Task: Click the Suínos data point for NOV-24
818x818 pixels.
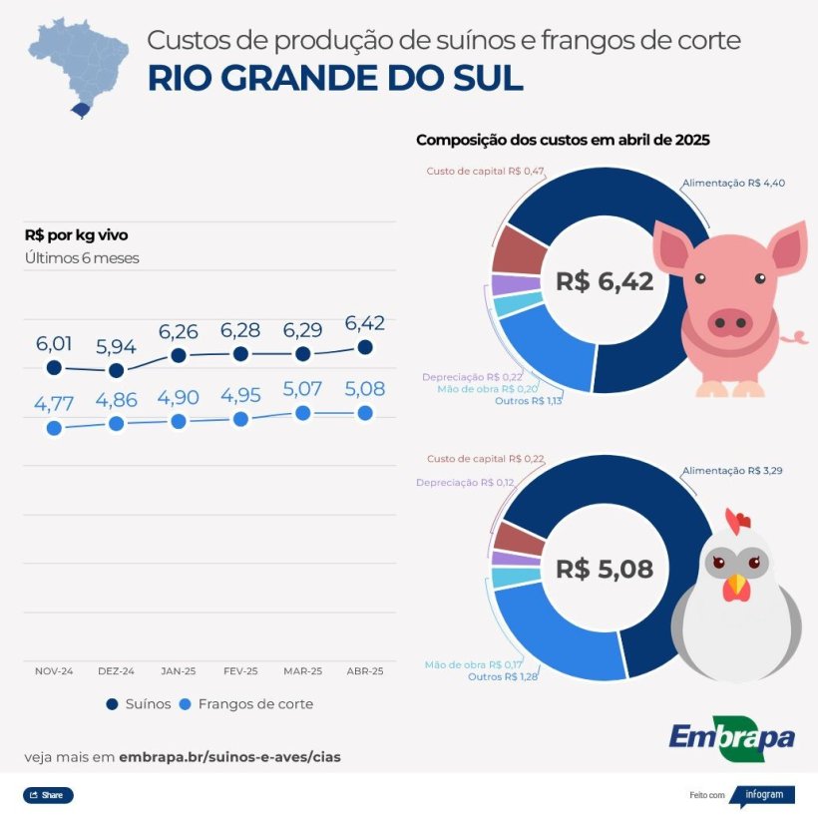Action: pos(54,367)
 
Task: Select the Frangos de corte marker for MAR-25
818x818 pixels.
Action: pos(302,412)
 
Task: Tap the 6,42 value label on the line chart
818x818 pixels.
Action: pos(364,323)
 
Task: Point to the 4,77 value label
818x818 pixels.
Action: pos(54,404)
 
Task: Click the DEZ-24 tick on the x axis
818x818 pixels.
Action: pos(116,671)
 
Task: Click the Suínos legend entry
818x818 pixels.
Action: pos(139,704)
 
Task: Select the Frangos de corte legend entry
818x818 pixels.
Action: pos(245,704)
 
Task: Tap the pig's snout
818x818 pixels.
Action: pos(729,321)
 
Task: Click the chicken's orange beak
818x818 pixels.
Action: pos(736,587)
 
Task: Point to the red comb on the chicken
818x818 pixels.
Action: pos(737,521)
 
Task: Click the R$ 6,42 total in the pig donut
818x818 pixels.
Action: pos(605,282)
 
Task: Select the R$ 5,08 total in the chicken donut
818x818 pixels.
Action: pos(605,570)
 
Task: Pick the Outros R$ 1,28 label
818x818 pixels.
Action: pos(505,677)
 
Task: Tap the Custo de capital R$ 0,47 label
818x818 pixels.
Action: pos(485,172)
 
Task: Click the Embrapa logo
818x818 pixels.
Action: pos(731,738)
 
